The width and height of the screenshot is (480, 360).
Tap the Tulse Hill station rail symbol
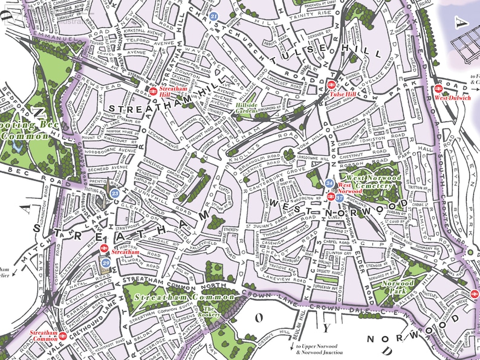(x=332, y=86)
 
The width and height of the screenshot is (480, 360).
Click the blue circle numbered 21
(x=215, y=16)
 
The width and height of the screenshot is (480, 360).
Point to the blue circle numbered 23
(x=115, y=193)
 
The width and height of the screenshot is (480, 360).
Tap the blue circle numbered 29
(x=106, y=262)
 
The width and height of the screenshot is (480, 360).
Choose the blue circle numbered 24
(x=329, y=183)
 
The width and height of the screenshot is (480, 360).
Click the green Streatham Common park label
(x=184, y=297)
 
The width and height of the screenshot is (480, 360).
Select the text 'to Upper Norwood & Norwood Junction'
(x=319, y=349)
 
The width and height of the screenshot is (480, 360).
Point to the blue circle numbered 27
(x=340, y=198)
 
